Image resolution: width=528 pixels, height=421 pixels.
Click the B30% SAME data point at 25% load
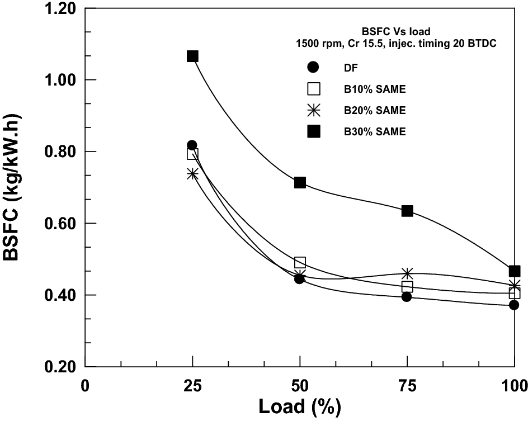pyautogui.click(x=192, y=56)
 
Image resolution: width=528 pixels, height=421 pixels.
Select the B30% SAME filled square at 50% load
pyautogui.click(x=300, y=182)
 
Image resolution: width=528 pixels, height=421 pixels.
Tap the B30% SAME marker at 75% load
pyautogui.click(x=407, y=211)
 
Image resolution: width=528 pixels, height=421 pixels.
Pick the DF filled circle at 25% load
pyautogui.click(x=192, y=145)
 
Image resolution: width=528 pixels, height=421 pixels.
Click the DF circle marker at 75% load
pyautogui.click(x=407, y=297)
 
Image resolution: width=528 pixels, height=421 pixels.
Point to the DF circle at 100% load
pyautogui.click(x=514, y=305)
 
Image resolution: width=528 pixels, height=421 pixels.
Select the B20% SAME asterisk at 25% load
pyautogui.click(x=192, y=174)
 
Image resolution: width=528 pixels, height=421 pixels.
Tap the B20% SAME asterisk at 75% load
pyautogui.click(x=407, y=273)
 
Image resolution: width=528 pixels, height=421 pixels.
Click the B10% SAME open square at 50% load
pyautogui.click(x=300, y=262)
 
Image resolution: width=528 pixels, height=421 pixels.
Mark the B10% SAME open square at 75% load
pyautogui.click(x=407, y=287)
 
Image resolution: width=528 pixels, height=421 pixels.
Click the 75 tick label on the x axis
pyautogui.click(x=407, y=385)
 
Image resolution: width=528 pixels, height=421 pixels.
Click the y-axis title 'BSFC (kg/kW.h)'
pyautogui.click(x=13, y=187)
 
